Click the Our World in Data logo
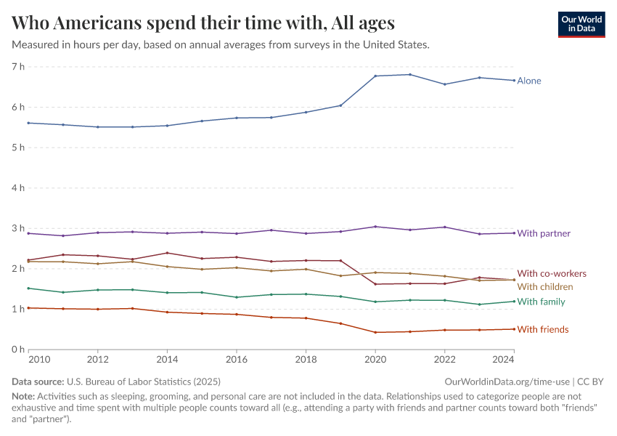(581, 24)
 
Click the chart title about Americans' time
(203, 23)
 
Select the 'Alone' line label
(529, 81)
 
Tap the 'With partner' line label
(544, 233)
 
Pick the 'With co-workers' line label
(552, 273)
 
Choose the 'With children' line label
(545, 287)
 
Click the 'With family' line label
(541, 302)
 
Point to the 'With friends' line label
(543, 330)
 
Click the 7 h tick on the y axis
(18, 67)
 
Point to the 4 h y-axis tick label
(18, 188)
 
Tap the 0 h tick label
(18, 350)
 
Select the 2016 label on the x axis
(237, 359)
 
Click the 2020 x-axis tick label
(375, 359)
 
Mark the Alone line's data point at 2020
(375, 76)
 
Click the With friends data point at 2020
(375, 332)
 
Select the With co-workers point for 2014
(168, 253)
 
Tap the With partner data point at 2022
(445, 227)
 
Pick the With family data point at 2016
(237, 297)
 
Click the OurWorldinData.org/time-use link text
(507, 381)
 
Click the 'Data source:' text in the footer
(38, 381)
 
